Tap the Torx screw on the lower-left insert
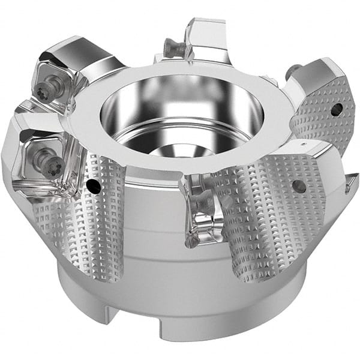tap(47, 160)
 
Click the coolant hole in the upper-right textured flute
tap(337, 109)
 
